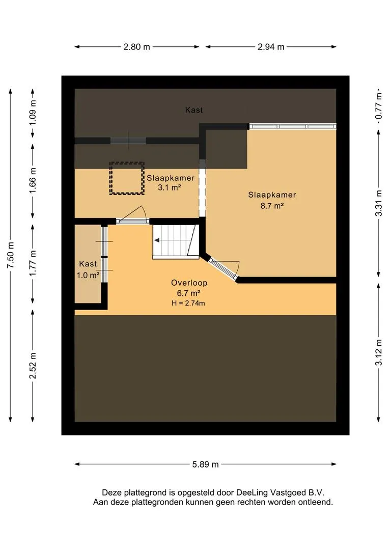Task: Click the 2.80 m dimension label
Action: point(136,47)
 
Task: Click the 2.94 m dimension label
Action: point(270,47)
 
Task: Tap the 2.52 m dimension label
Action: point(33,366)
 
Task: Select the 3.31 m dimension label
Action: point(378,203)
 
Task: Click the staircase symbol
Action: point(175,241)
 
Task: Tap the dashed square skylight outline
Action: point(127,178)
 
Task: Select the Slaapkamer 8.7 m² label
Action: point(272,200)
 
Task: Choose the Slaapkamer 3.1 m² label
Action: point(171,183)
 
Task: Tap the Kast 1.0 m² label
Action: point(88,269)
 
